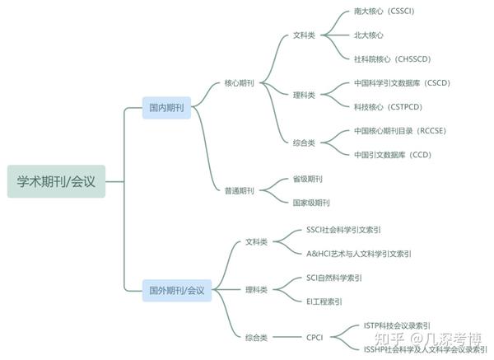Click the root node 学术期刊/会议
click(56, 181)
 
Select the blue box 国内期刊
click(165, 108)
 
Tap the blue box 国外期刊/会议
click(176, 290)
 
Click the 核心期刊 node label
click(239, 83)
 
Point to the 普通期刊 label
click(239, 190)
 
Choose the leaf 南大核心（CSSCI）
click(390, 12)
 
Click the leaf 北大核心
click(369, 35)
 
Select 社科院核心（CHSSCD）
click(392, 59)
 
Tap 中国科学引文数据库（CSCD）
click(402, 83)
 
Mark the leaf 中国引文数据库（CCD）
click(392, 154)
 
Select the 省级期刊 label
click(308, 179)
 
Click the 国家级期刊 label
click(311, 203)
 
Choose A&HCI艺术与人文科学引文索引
click(359, 254)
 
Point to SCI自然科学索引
click(333, 278)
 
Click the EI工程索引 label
click(324, 302)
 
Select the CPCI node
click(315, 337)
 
